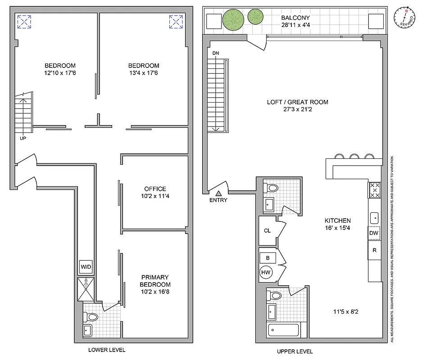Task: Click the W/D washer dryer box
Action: [86, 267]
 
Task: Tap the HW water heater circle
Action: [265, 272]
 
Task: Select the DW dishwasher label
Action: [374, 233]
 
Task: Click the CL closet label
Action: [267, 230]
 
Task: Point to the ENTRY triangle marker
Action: [218, 193]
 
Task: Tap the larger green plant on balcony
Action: [233, 19]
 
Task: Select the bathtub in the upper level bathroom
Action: [284, 330]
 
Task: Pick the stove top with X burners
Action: [375, 190]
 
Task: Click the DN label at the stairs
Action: [216, 54]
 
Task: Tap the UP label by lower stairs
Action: [23, 138]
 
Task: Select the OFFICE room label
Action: [155, 189]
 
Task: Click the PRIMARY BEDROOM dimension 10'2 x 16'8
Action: [155, 292]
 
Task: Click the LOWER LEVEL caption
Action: [107, 350]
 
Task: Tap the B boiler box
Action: [267, 257]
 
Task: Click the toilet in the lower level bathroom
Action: [92, 317]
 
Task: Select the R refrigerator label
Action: [374, 250]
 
